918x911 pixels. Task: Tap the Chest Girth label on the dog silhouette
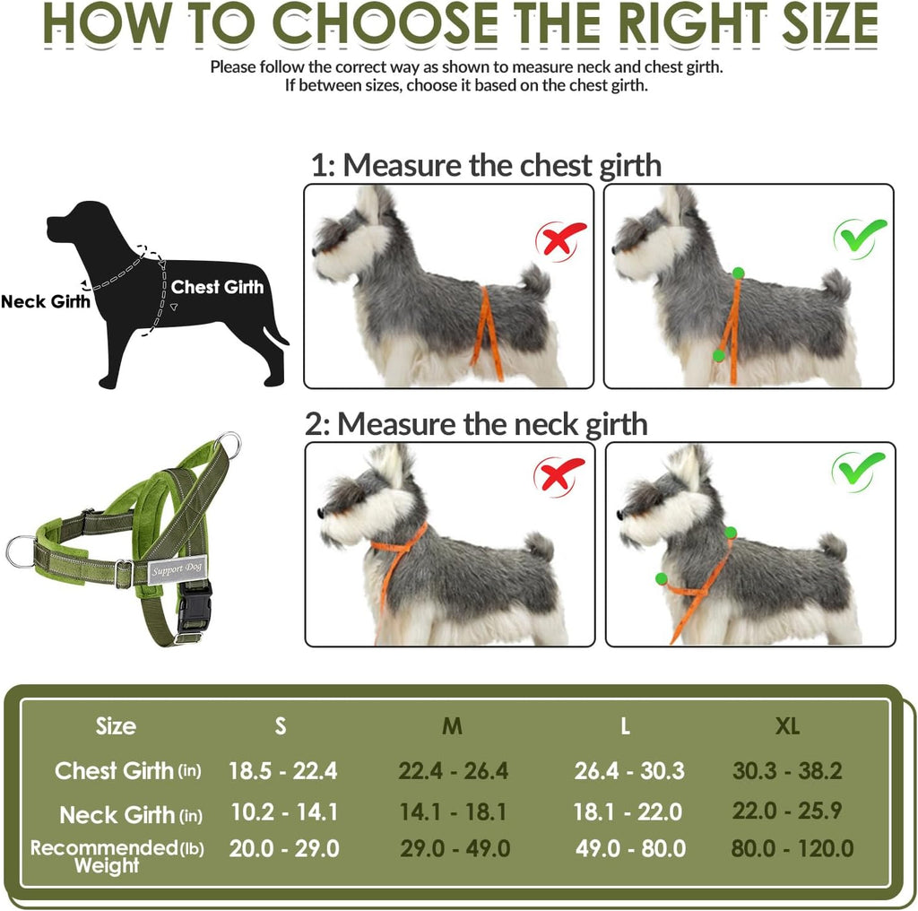pyautogui.click(x=217, y=287)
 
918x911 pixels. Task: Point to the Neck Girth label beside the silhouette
pyautogui.click(x=46, y=301)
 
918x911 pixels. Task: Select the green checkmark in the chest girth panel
pyautogui.click(x=860, y=237)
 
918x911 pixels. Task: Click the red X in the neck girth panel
pyautogui.click(x=559, y=475)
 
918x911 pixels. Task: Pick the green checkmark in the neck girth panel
pyautogui.click(x=858, y=471)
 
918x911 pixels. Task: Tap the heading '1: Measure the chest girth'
pyautogui.click(x=486, y=165)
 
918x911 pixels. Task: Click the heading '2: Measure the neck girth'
pyautogui.click(x=476, y=424)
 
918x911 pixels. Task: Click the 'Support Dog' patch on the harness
pyautogui.click(x=177, y=569)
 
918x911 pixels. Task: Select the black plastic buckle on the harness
pyautogui.click(x=194, y=608)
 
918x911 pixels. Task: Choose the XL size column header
pyautogui.click(x=787, y=726)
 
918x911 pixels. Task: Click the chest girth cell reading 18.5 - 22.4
pyautogui.click(x=282, y=771)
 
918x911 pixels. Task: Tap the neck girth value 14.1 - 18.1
pyautogui.click(x=453, y=812)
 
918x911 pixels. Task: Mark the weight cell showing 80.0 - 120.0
pyautogui.click(x=792, y=848)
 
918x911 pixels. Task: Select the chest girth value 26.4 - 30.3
pyautogui.click(x=629, y=771)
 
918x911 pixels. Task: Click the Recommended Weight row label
pyautogui.click(x=117, y=856)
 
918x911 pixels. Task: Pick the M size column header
pyautogui.click(x=452, y=726)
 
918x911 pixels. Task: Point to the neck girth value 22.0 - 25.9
pyautogui.click(x=787, y=811)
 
